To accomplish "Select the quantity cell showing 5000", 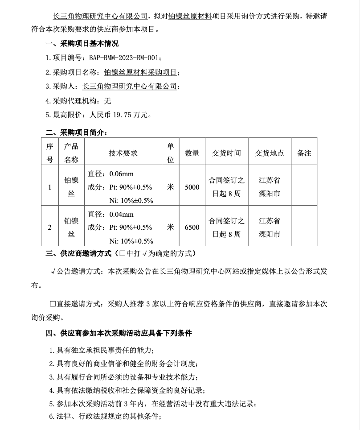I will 192,187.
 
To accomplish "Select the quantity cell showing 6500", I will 192,227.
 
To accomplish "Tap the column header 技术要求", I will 123,153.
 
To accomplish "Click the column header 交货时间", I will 226,153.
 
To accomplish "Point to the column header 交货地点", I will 270,153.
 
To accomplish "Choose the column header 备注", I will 304,153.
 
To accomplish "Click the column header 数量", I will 192,153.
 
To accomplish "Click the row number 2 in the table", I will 49,227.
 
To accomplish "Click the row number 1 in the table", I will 49,187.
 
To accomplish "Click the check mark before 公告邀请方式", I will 53,271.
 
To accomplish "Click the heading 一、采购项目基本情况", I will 82,44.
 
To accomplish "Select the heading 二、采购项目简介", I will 76,132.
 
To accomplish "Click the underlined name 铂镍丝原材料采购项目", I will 140,72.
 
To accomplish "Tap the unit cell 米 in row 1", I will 170,187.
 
